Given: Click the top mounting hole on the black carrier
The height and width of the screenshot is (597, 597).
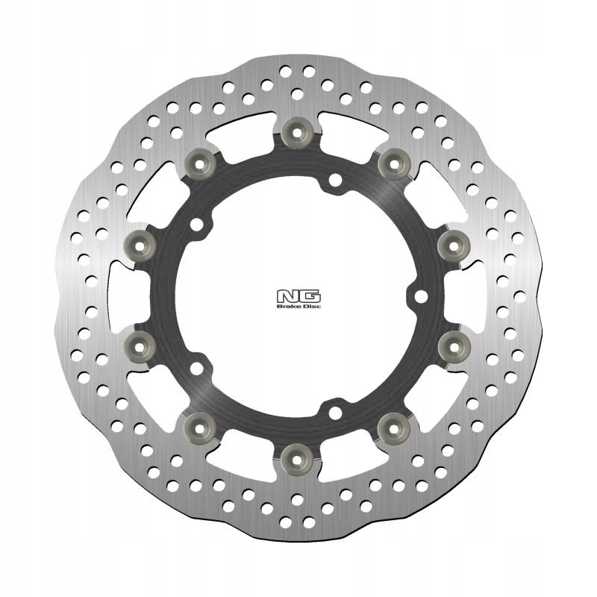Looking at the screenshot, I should point(334,179).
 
